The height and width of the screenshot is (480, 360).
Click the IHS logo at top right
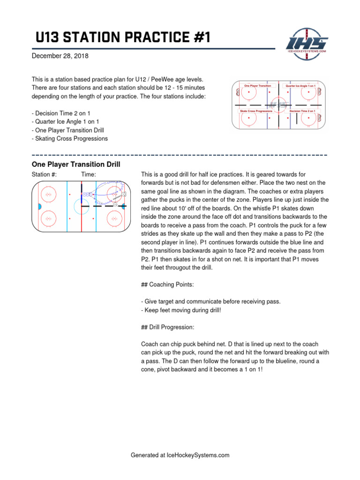pos(307,42)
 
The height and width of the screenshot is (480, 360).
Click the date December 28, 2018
pos(60,56)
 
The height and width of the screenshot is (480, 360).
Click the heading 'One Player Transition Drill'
pos(76,165)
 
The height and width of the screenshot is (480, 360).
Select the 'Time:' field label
pos(89,174)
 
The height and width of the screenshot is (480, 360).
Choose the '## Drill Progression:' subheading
pos(167,327)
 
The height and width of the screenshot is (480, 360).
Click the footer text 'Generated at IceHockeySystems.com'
pos(180,455)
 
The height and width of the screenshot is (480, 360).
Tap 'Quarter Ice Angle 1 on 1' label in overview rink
pos(300,86)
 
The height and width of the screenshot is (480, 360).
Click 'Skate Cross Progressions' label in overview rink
pos(256,111)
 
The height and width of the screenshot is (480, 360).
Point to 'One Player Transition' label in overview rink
pos(258,86)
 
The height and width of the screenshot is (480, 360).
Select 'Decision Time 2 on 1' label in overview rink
pos(302,111)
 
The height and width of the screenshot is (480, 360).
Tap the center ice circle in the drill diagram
pos(82,206)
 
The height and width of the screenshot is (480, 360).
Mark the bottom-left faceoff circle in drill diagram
pos(48,218)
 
